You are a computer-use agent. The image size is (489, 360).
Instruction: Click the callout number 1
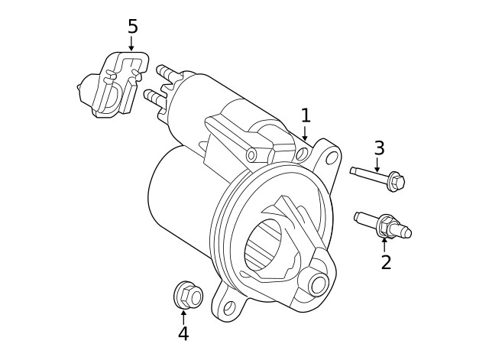tap(306, 115)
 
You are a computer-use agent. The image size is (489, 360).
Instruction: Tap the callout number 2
tap(386, 263)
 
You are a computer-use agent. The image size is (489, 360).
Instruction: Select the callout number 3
tap(379, 148)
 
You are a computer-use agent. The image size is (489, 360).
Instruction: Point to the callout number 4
tap(183, 334)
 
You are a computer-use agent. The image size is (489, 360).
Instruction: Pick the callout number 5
tap(132, 27)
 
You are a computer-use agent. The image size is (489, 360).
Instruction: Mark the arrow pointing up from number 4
tap(183, 316)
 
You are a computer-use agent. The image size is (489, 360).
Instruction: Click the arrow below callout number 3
tap(377, 165)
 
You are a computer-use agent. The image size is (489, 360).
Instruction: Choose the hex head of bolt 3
tap(397, 182)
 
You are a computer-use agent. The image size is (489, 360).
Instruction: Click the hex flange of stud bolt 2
tap(386, 226)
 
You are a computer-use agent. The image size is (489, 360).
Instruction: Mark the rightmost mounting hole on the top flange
tap(332, 159)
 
